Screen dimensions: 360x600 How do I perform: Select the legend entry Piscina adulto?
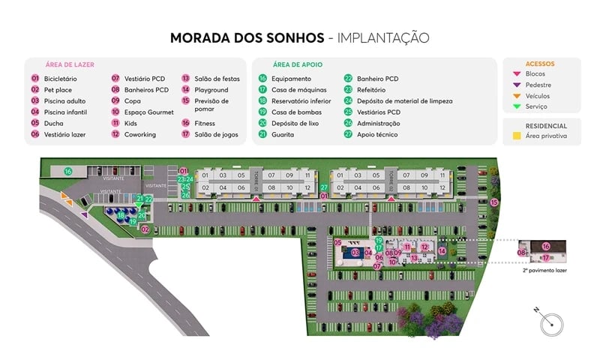click(64, 100)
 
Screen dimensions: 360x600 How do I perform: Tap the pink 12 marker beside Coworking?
click(115, 134)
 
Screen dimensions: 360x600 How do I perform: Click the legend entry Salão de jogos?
click(213, 134)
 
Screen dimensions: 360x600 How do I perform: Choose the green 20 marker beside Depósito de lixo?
click(262, 123)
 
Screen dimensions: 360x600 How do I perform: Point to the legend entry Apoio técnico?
click(377, 134)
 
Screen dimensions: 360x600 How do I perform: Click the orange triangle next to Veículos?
click(515, 96)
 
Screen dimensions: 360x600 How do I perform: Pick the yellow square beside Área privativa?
click(515, 136)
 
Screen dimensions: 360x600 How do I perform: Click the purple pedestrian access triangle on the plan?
click(84, 215)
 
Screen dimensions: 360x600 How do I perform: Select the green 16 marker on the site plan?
click(67, 172)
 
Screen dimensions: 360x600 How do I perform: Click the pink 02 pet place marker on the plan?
click(145, 229)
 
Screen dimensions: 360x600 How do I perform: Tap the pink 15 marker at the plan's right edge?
click(494, 202)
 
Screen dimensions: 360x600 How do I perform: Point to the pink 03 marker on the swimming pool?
click(355, 253)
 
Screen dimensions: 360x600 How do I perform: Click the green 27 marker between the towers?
click(324, 187)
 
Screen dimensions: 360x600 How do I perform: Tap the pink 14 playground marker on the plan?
click(442, 251)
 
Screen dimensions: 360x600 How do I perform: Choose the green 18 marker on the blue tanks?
click(121, 215)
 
